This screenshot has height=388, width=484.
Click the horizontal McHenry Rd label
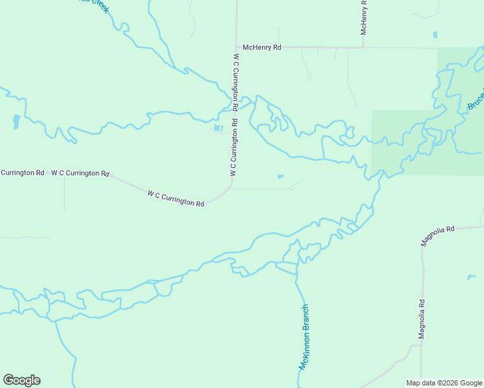coord(261,47)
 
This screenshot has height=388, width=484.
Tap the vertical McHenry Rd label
coord(364,17)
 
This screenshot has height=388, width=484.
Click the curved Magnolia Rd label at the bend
coord(438,236)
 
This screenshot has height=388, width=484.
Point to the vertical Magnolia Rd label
coord(421,318)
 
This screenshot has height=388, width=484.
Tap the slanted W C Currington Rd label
coord(175,198)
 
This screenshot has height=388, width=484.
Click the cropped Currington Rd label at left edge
coord(22,173)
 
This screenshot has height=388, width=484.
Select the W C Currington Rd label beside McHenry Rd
coord(236,81)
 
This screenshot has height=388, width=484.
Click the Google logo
coord(21,380)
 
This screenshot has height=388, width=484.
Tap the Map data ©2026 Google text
coord(444,383)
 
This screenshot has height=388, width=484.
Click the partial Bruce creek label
coord(476,101)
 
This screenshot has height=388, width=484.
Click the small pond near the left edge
coord(16,120)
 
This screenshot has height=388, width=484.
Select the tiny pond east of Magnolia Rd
coord(470,277)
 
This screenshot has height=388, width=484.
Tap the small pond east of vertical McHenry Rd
coord(435,34)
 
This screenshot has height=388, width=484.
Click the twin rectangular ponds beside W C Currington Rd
coord(218,128)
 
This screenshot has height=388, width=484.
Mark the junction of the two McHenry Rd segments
coord(363,47)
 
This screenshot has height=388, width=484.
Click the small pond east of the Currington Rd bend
coord(280,176)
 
